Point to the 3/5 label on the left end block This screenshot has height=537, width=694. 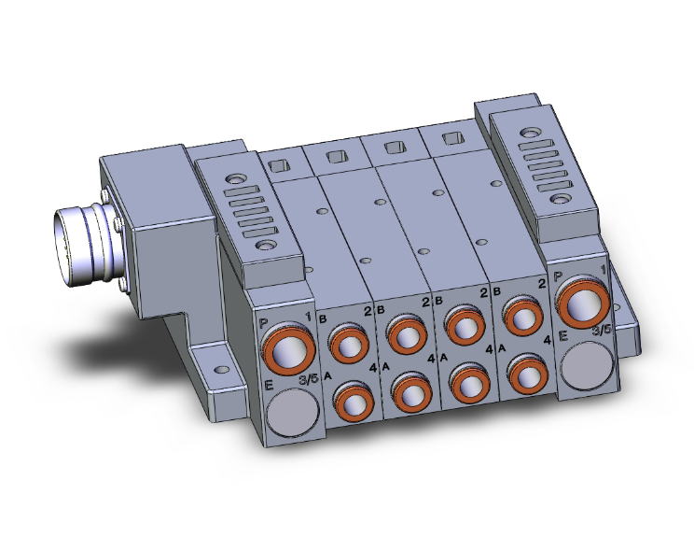click(306, 379)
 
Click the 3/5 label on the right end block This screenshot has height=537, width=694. click(602, 329)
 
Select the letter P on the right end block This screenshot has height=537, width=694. click(558, 276)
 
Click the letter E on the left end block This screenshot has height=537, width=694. click(268, 384)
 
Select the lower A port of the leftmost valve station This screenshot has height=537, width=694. click(355, 403)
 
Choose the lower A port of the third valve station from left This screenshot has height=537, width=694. click(469, 383)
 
